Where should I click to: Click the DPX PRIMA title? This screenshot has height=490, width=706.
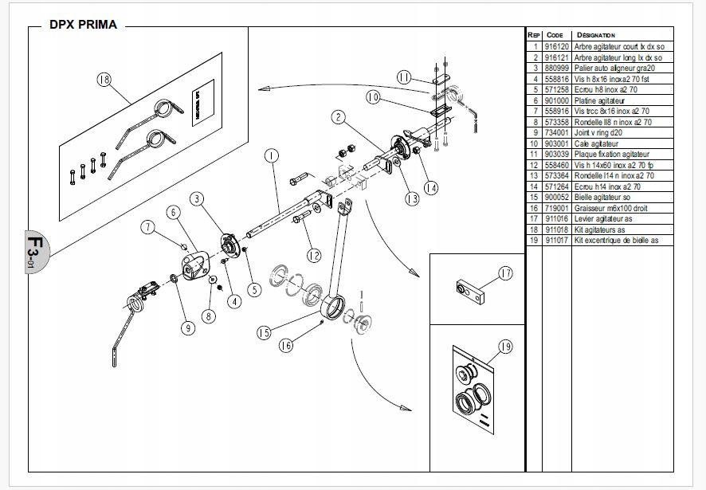83,25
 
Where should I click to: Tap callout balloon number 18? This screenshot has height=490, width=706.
104,79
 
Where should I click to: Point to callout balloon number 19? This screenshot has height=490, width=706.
504,347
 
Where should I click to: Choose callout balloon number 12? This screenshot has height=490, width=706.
313,256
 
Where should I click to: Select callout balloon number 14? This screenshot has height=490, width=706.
430,189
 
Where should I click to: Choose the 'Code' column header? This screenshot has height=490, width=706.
555,35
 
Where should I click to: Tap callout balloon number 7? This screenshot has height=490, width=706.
148,227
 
